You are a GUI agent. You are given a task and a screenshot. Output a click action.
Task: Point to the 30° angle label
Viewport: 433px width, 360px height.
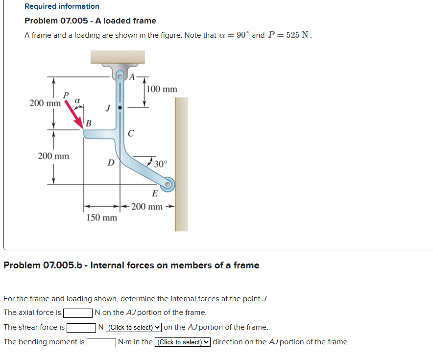pos(160,164)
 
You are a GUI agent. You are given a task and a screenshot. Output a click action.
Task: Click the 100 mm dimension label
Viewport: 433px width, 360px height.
pos(162,89)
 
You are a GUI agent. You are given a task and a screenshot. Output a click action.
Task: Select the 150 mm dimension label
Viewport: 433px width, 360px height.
pos(102,217)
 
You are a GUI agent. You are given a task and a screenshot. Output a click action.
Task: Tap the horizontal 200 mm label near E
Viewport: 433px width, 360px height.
pos(146,207)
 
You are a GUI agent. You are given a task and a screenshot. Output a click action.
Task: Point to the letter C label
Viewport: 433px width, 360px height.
pos(130,133)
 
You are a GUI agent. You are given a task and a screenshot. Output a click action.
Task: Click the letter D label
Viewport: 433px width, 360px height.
pos(111,162)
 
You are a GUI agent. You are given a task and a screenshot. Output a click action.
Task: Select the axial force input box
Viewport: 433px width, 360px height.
pos(78,313)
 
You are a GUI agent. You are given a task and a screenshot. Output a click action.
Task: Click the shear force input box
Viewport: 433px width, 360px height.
pos(81,328)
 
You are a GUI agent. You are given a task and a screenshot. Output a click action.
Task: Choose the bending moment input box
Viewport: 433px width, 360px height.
pos(101,342)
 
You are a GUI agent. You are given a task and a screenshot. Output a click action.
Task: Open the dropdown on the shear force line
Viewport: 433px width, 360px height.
pos(134,328)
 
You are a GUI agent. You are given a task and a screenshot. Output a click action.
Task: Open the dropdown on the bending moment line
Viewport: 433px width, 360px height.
pos(183,342)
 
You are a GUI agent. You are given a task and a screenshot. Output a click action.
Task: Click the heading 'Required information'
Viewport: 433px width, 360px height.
pos(62,6)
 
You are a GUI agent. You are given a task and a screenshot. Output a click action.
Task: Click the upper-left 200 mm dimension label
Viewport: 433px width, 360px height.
pos(45,103)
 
